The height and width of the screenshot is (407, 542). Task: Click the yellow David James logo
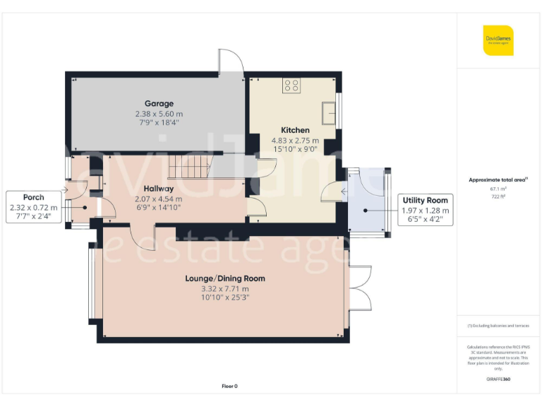[x=498, y=40]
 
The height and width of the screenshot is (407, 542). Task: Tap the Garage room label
[x=159, y=104]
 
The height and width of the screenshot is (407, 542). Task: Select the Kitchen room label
[x=295, y=131]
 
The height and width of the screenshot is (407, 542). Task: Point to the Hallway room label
[x=159, y=189]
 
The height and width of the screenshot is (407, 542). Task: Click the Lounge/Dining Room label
[x=225, y=278]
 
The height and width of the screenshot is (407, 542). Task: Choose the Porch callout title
[x=33, y=197]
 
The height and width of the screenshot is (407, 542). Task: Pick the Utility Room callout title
[x=424, y=201]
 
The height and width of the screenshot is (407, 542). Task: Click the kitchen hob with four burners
[x=291, y=85]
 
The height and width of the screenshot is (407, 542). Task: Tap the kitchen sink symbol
[x=328, y=112]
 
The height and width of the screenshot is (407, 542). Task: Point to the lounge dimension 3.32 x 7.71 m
[x=225, y=288]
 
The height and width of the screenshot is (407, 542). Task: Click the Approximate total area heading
[x=498, y=180]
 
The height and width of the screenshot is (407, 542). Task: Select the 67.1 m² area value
[x=498, y=189]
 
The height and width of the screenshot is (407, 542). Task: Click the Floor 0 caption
[x=229, y=386]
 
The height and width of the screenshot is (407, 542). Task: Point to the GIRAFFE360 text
[x=498, y=380]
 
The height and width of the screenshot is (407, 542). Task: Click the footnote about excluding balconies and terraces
[x=498, y=326]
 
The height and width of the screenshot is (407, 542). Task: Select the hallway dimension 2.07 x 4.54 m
[x=159, y=199]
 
